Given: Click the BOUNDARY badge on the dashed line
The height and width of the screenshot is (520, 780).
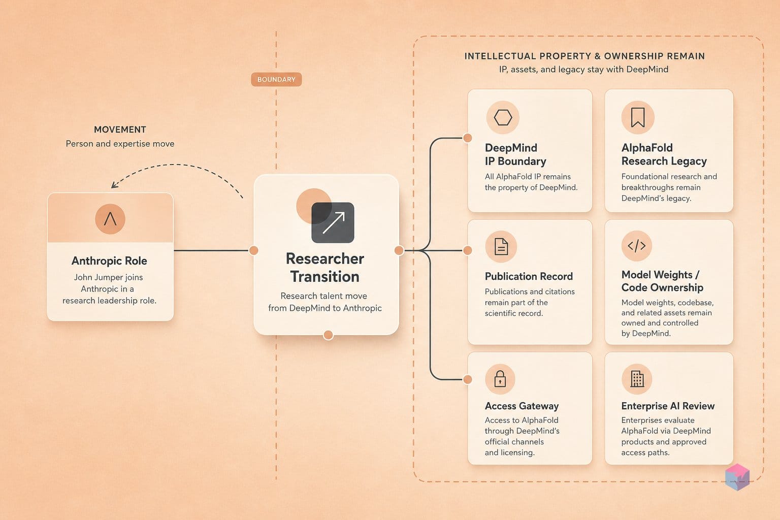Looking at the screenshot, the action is pyautogui.click(x=276, y=79).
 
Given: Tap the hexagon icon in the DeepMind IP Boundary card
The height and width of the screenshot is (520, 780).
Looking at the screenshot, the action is pyautogui.click(x=503, y=117).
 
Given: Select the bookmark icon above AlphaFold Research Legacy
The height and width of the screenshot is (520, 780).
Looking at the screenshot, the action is pyautogui.click(x=638, y=117).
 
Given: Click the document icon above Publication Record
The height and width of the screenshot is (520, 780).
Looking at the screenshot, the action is pyautogui.click(x=501, y=247).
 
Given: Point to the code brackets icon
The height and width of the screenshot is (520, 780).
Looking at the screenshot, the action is pyautogui.click(x=636, y=246).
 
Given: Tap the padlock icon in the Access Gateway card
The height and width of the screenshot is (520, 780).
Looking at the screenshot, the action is pyautogui.click(x=500, y=379).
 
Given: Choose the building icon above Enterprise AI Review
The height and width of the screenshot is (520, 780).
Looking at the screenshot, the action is pyautogui.click(x=637, y=379).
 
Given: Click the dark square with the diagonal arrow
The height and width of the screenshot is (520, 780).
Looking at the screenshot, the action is pyautogui.click(x=333, y=222).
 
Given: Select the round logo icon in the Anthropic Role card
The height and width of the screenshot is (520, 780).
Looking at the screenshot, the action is pyautogui.click(x=110, y=219).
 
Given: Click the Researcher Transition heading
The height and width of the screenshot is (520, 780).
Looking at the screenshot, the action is pyautogui.click(x=325, y=268).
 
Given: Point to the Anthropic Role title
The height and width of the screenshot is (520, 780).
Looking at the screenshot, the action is pyautogui.click(x=109, y=261).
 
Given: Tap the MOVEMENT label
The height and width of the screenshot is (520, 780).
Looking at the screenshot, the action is pyautogui.click(x=120, y=129).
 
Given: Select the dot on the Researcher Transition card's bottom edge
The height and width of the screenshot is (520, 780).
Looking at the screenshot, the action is pyautogui.click(x=328, y=335).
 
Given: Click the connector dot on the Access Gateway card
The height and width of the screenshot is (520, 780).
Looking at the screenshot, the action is pyautogui.click(x=468, y=379).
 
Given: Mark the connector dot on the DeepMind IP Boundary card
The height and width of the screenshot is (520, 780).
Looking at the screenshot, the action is pyautogui.click(x=468, y=138).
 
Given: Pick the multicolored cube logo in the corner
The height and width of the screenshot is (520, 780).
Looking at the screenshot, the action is pyautogui.click(x=737, y=477).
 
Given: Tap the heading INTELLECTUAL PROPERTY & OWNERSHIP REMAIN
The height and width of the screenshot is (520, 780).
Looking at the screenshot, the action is pyautogui.click(x=584, y=56).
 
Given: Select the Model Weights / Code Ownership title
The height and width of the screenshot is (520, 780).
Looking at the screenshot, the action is pyautogui.click(x=662, y=281).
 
